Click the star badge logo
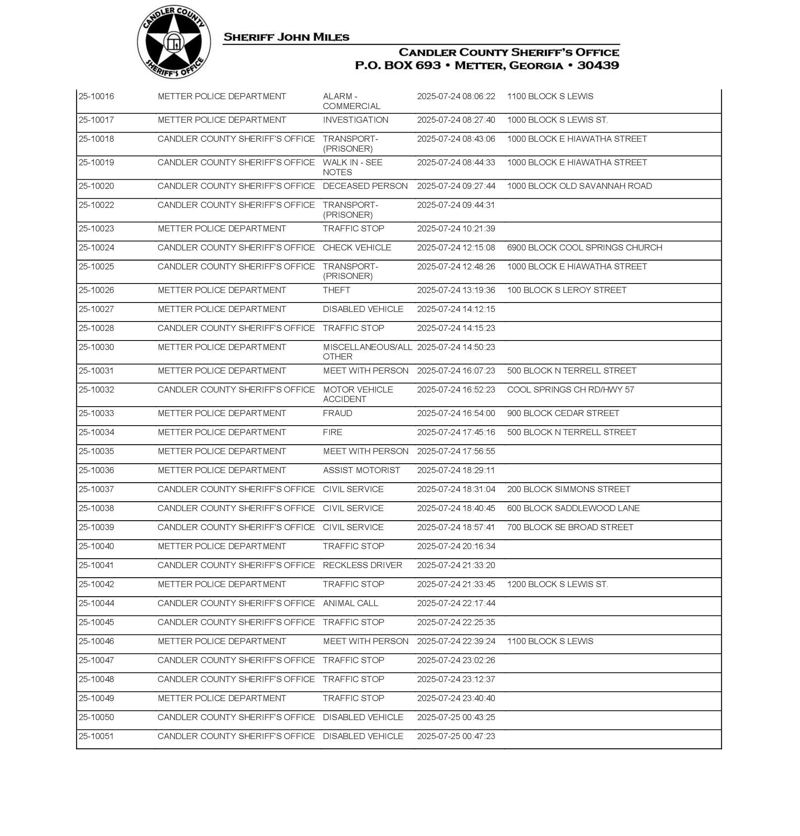pos(174,42)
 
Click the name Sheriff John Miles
pos(286,37)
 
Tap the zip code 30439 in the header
pos(598,65)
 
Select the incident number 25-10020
pos(97,186)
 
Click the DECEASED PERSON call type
pos(365,186)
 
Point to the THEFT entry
pos(336,290)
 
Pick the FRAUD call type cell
pos(337,413)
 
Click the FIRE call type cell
pos(333,432)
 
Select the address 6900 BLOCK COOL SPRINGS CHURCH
pos(584,248)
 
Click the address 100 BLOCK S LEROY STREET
pos(567,290)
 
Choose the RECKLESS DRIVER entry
pos(363,565)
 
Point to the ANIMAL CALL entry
pos(350,603)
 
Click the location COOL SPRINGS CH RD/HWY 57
pos(570,389)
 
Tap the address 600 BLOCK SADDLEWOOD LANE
pos(573,508)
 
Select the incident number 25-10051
pos(97,736)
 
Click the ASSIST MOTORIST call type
pos(362,470)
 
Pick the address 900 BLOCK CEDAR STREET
pos(563,413)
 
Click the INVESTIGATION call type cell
pos(356,120)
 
